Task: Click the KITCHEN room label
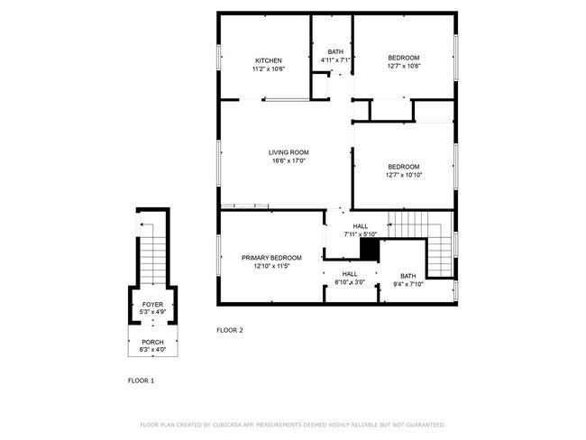(268, 60)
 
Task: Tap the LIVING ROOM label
(288, 152)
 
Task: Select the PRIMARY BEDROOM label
(271, 258)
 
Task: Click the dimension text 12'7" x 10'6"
(404, 66)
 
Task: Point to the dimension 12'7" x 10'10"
(404, 175)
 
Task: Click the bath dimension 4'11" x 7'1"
(335, 60)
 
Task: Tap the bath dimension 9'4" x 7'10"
(408, 285)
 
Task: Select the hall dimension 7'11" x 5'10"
(361, 234)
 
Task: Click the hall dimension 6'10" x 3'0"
(349, 283)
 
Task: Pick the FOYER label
(152, 305)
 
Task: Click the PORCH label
(152, 341)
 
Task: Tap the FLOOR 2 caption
(230, 330)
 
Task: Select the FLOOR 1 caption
(141, 380)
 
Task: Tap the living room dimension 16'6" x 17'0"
(288, 161)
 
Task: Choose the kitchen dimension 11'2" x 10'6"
(268, 69)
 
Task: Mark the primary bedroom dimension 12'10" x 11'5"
(271, 267)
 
